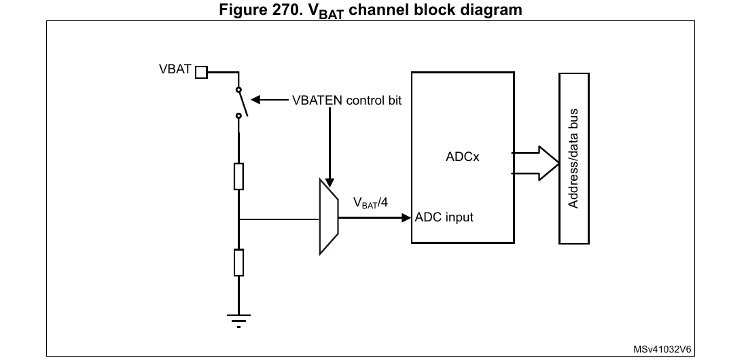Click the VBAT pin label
[x=175, y=70]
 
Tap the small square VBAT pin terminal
[x=201, y=72]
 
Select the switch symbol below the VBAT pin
[x=241, y=103]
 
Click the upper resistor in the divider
[x=238, y=177]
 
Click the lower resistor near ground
[x=238, y=262]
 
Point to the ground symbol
[x=238, y=319]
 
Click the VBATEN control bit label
[x=346, y=101]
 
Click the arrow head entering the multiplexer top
[x=330, y=182]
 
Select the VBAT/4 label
[x=371, y=202]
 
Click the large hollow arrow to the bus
[x=537, y=163]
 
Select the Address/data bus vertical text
[x=573, y=157]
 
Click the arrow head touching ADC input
[x=407, y=218]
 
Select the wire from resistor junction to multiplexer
[x=279, y=219]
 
